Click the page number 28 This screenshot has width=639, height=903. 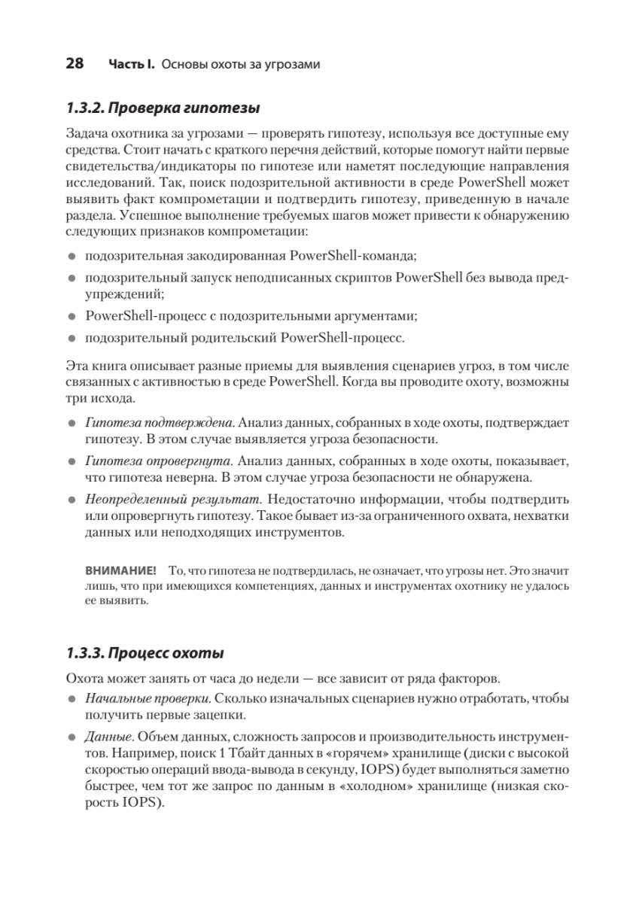point(75,64)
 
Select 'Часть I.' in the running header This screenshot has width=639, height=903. point(132,65)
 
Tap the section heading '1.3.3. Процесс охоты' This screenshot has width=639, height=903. point(145,651)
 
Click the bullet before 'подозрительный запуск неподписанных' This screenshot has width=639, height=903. point(72,278)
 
